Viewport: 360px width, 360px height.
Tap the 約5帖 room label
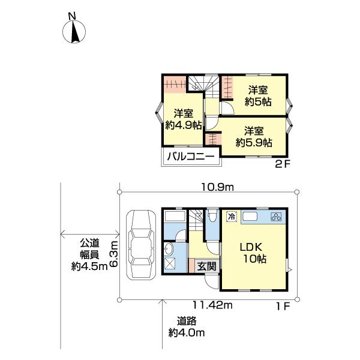click(258, 96)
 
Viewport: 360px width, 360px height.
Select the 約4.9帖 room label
click(184, 119)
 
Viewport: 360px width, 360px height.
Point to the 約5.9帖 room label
click(254, 137)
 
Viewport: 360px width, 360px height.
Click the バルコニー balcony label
click(191, 157)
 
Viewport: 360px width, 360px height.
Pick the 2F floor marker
click(283, 164)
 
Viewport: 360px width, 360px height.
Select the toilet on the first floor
click(212, 217)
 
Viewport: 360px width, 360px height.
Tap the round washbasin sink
click(169, 248)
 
